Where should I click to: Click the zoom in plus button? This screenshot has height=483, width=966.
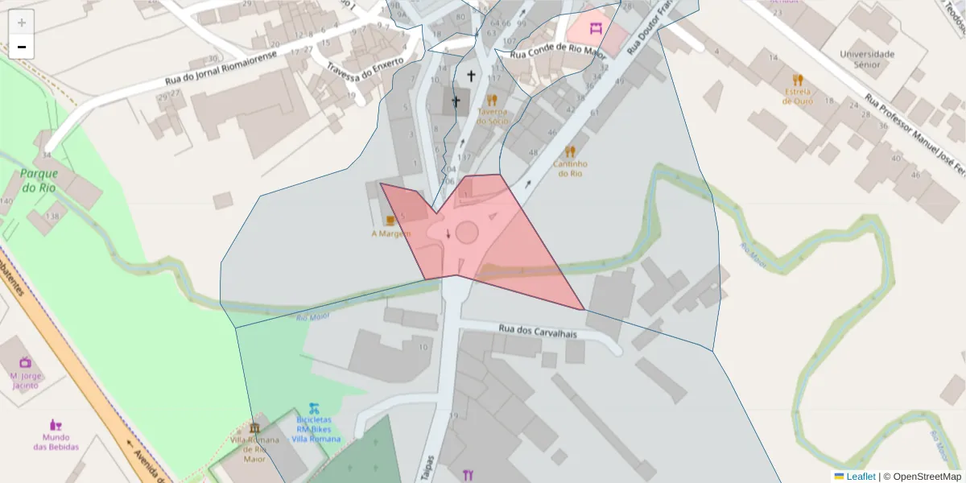tap(22, 23)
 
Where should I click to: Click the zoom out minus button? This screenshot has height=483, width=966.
tap(22, 47)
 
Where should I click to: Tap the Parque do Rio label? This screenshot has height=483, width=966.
tap(38, 180)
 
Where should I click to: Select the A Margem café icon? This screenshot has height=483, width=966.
tap(390, 219)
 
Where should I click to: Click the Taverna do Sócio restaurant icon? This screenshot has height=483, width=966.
tap(492, 101)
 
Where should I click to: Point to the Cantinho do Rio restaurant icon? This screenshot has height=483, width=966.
tap(570, 151)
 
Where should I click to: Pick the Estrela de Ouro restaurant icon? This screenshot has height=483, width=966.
tap(798, 80)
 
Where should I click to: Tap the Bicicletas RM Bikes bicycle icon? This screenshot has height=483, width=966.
tap(314, 408)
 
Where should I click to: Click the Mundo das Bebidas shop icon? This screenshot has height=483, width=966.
tap(56, 424)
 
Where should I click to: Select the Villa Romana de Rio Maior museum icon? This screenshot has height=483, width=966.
tap(255, 427)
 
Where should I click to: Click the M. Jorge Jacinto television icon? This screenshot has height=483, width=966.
tap(25, 362)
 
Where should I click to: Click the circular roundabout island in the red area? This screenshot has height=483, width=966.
tap(467, 233)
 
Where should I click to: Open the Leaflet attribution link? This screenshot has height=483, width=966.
tap(861, 477)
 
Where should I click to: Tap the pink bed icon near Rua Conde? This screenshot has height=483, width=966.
tap(596, 29)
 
